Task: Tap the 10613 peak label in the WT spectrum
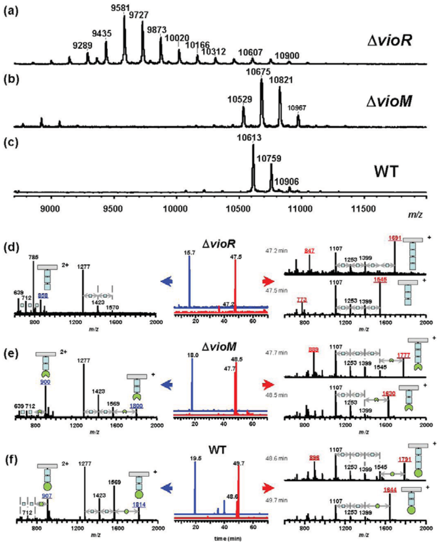point(253,138)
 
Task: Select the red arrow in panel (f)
point(268,488)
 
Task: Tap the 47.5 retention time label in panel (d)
point(235,256)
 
